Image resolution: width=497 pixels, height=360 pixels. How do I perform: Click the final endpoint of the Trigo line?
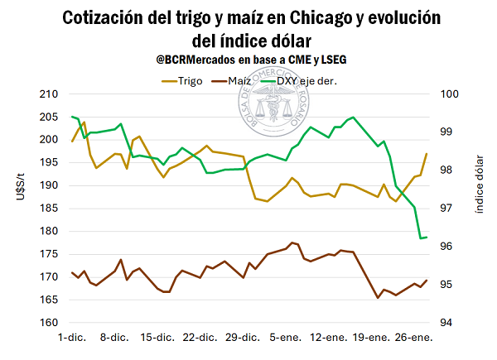tap(427, 154)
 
